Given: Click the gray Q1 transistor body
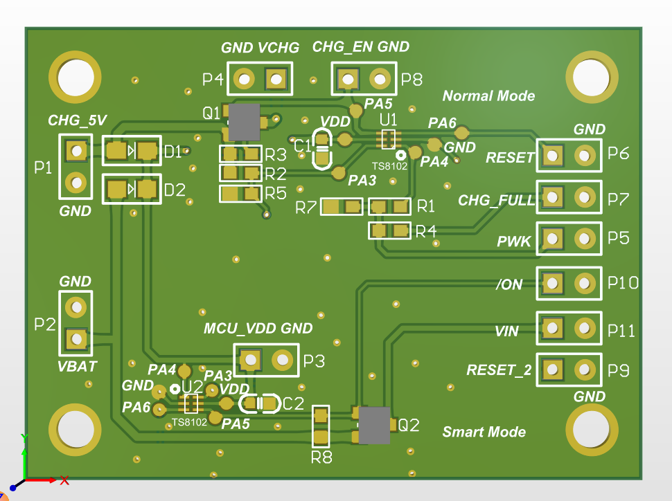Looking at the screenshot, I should pyautogui.click(x=244, y=122).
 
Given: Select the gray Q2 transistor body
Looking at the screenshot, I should pyautogui.click(x=374, y=425).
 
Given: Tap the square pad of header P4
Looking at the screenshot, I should pyautogui.click(x=276, y=80).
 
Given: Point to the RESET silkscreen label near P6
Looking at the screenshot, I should pyautogui.click(x=510, y=158).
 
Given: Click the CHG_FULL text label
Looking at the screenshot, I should pyautogui.click(x=497, y=201).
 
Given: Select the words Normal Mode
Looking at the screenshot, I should pyautogui.click(x=488, y=96).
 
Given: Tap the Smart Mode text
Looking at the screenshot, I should pyautogui.click(x=484, y=432).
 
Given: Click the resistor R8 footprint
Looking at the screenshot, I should pyautogui.click(x=321, y=426).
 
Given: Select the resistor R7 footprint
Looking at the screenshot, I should pyautogui.click(x=342, y=206).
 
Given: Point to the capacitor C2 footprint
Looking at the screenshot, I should pyautogui.click(x=258, y=403).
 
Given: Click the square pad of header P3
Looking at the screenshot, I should pyautogui.click(x=249, y=359).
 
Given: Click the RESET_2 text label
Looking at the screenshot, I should pyautogui.click(x=499, y=370).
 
